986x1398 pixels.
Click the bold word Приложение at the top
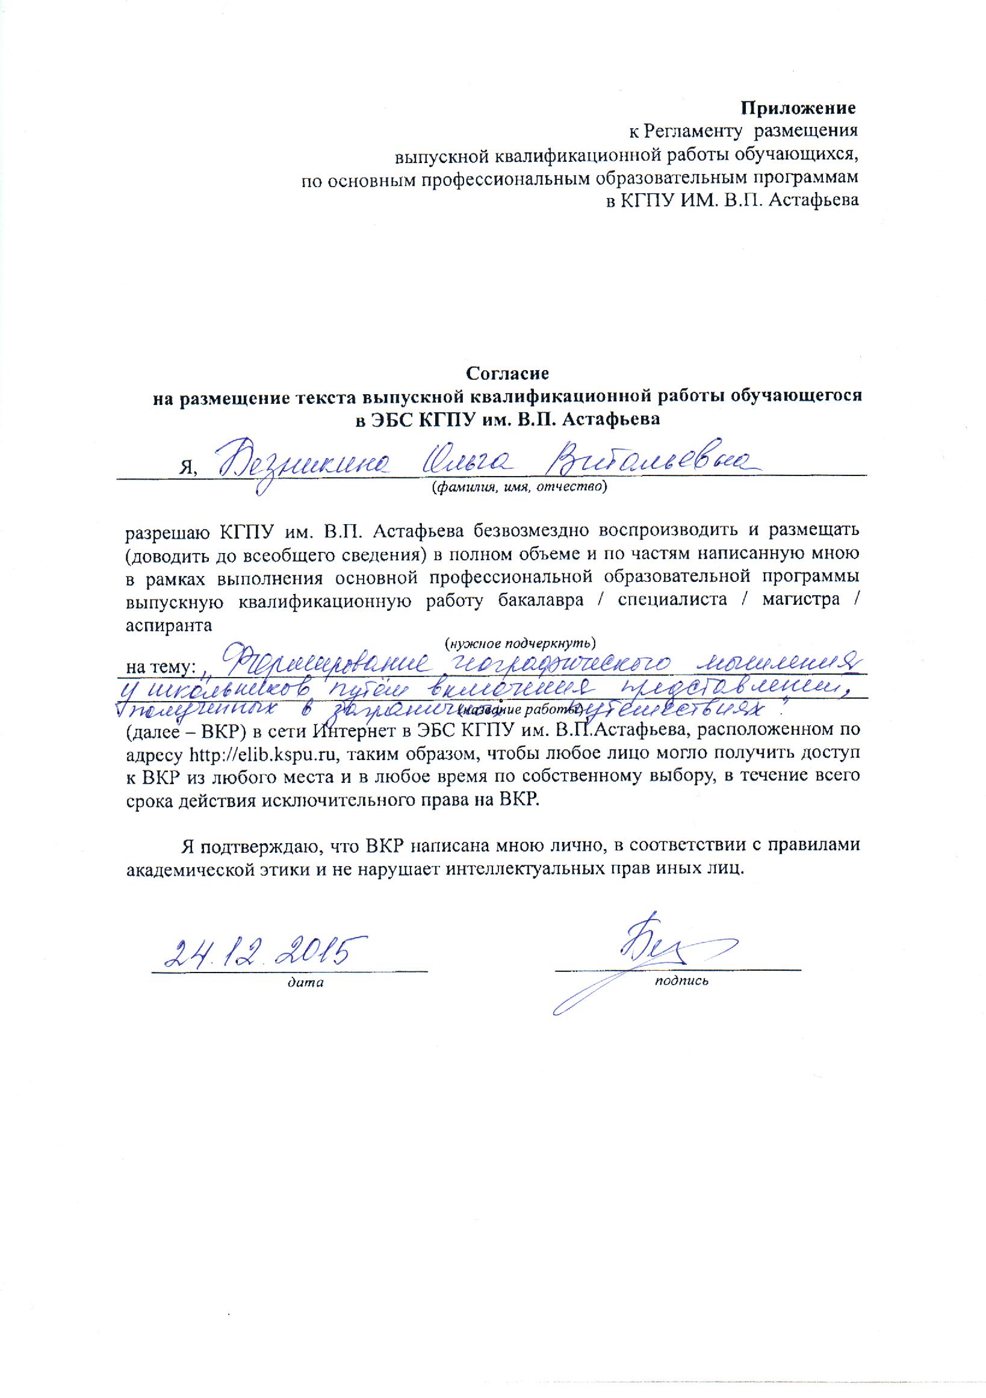(798, 109)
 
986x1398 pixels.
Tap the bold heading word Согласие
(508, 372)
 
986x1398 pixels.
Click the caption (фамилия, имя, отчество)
(519, 486)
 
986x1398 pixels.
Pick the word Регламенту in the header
(695, 131)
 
